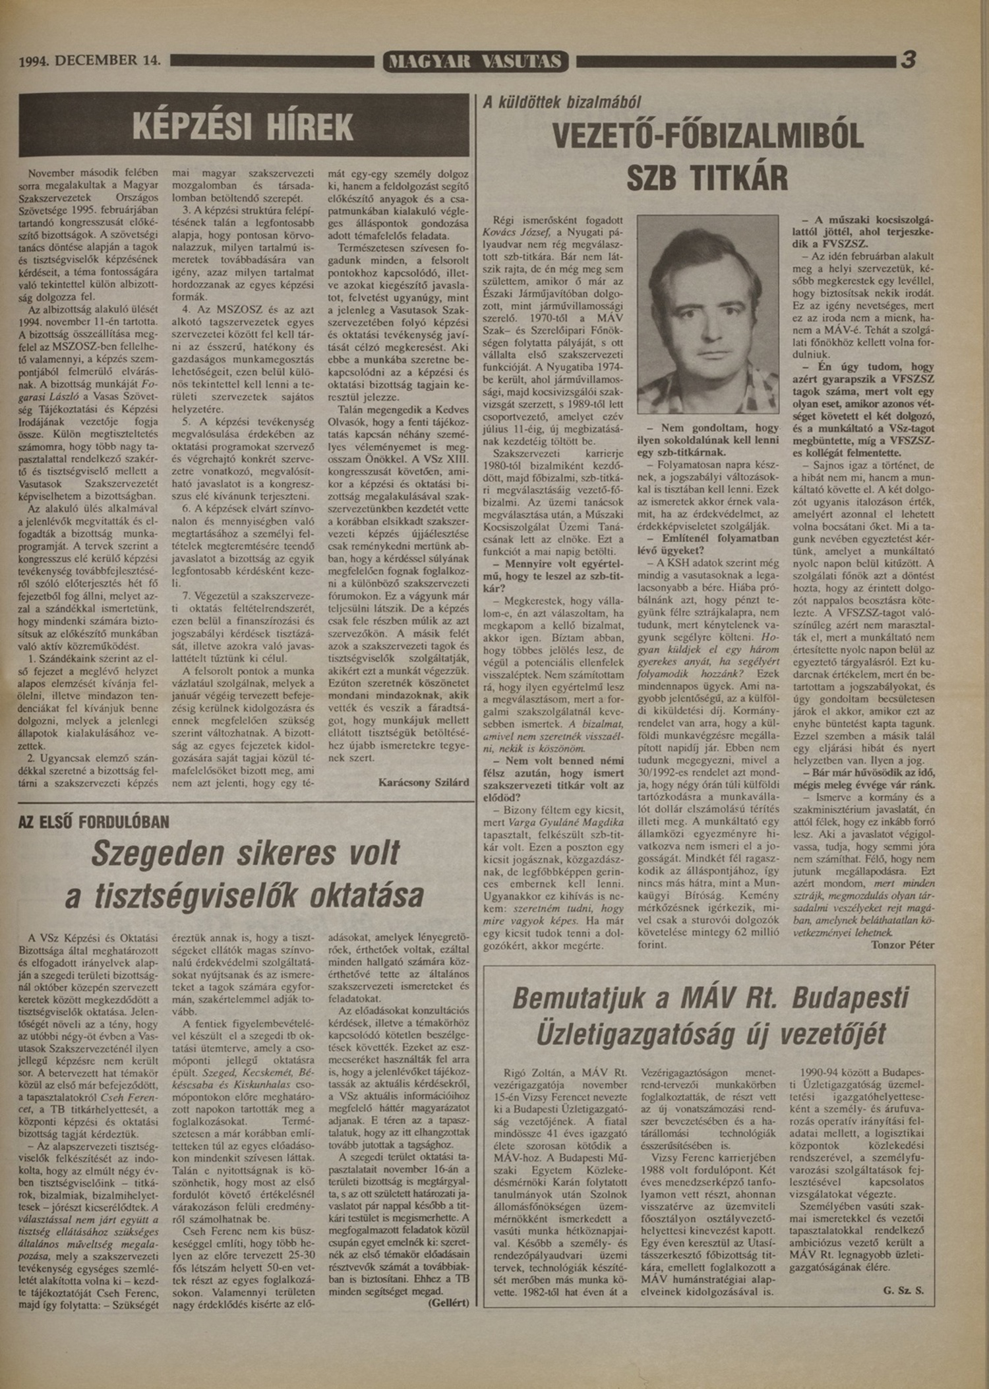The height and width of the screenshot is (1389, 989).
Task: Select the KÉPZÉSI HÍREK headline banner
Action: click(243, 125)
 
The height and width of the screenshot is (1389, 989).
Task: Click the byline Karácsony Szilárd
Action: click(424, 783)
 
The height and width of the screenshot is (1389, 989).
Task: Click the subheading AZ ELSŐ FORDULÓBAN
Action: click(94, 822)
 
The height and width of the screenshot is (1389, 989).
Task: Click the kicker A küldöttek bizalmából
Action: click(562, 102)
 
